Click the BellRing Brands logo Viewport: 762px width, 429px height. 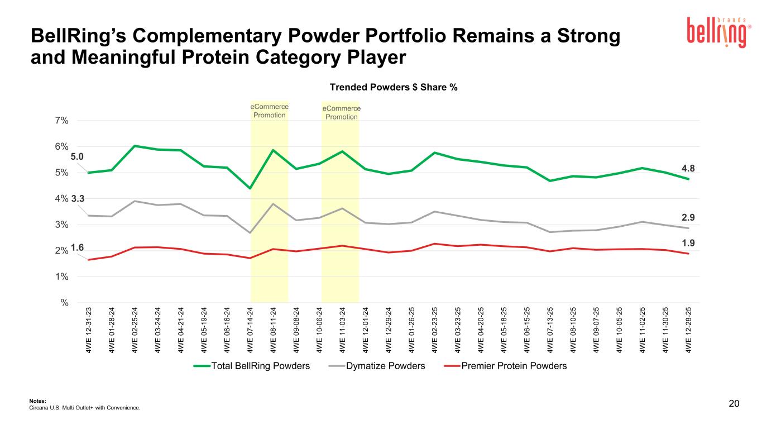pyautogui.click(x=717, y=32)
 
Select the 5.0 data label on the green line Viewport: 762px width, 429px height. pyautogui.click(x=77, y=157)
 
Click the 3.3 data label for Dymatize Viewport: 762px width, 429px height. pyautogui.click(x=78, y=198)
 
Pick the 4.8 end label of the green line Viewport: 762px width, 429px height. pyautogui.click(x=688, y=168)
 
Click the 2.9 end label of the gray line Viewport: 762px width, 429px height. pyautogui.click(x=688, y=217)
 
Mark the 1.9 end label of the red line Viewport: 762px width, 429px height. pyautogui.click(x=688, y=243)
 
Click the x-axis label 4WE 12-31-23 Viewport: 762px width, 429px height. pyautogui.click(x=89, y=330)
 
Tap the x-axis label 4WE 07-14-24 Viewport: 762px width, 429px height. pyautogui.click(x=250, y=330)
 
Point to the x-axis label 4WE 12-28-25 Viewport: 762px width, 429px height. pyautogui.click(x=689, y=330)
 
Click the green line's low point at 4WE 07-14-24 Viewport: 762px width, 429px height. pyautogui.click(x=250, y=188)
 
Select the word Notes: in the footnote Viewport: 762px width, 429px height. pyautogui.click(x=36, y=401)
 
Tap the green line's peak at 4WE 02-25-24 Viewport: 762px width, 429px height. pyautogui.click(x=135, y=146)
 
